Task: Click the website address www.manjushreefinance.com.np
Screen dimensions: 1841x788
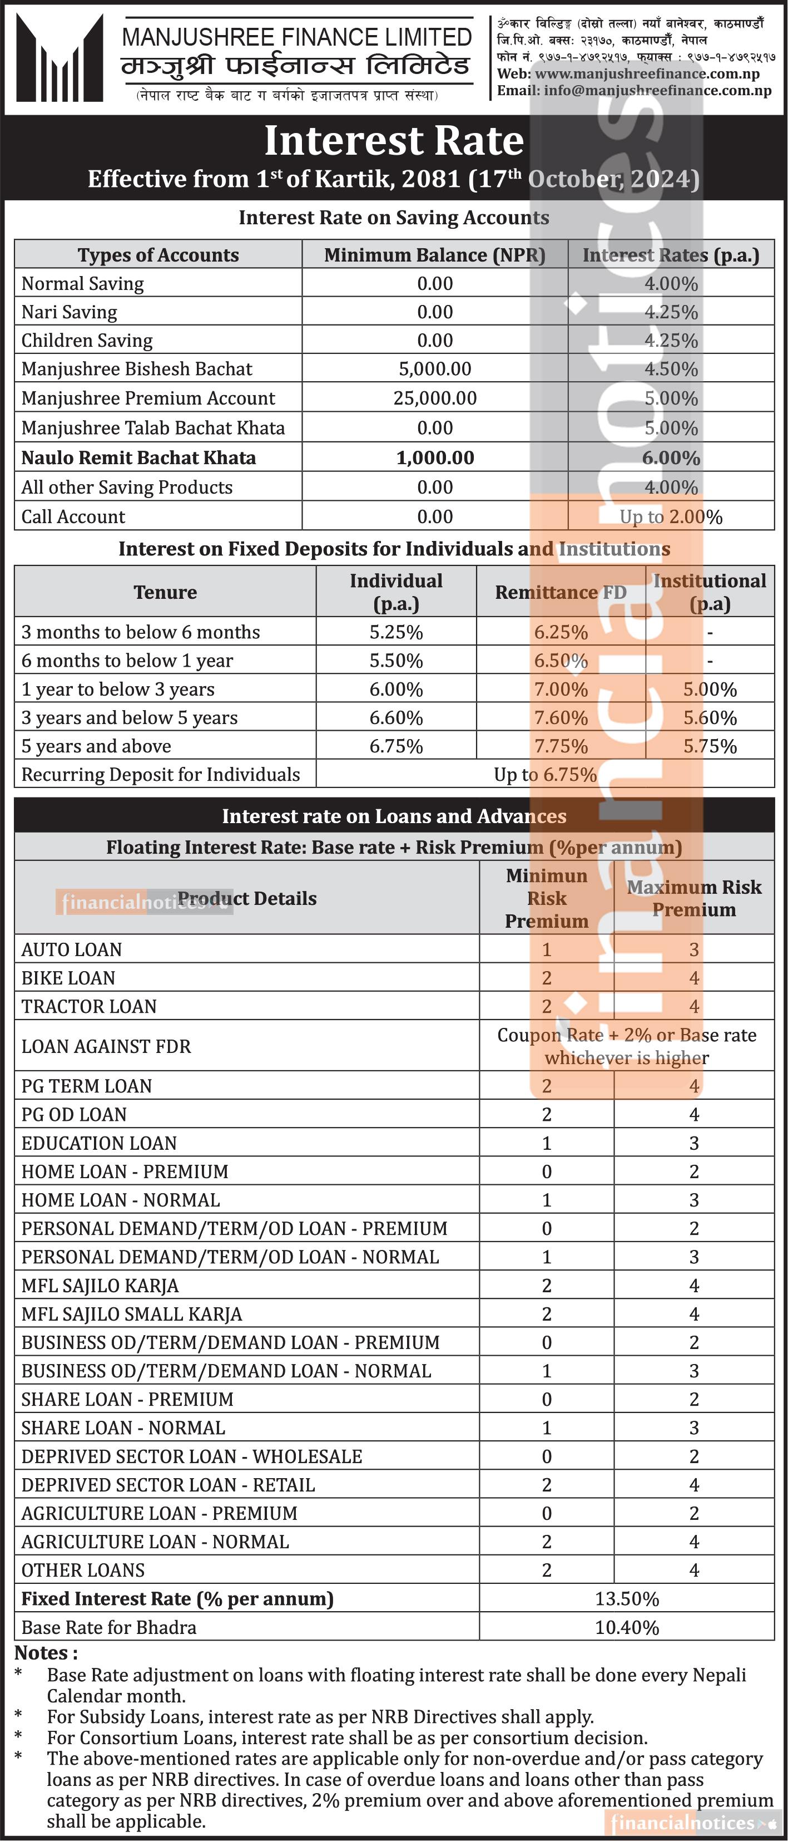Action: tap(647, 73)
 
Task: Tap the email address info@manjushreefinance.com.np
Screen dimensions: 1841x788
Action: tap(657, 91)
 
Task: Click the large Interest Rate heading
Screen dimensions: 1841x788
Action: tap(394, 141)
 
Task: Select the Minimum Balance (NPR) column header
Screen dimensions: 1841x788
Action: tap(434, 255)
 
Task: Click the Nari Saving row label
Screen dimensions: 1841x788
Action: tap(70, 312)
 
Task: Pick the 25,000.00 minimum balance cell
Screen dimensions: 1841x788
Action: tap(434, 398)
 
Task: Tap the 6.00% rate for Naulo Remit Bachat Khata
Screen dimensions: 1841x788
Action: tap(671, 458)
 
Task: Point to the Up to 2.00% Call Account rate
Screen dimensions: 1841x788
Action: tap(671, 516)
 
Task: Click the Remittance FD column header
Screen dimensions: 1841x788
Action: tap(560, 593)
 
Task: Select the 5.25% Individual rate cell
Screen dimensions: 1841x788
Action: tap(396, 632)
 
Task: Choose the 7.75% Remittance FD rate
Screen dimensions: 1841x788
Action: tap(561, 747)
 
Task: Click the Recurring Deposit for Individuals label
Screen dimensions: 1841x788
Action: tap(161, 775)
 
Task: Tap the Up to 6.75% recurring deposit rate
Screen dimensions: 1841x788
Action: tap(544, 775)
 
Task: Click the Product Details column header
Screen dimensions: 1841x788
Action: tap(246, 898)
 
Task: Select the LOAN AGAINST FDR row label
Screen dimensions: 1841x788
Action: tap(106, 1046)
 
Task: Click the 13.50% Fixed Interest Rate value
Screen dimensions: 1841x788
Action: tap(627, 1599)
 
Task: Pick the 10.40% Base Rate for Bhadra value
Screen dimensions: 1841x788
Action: tap(627, 1627)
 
